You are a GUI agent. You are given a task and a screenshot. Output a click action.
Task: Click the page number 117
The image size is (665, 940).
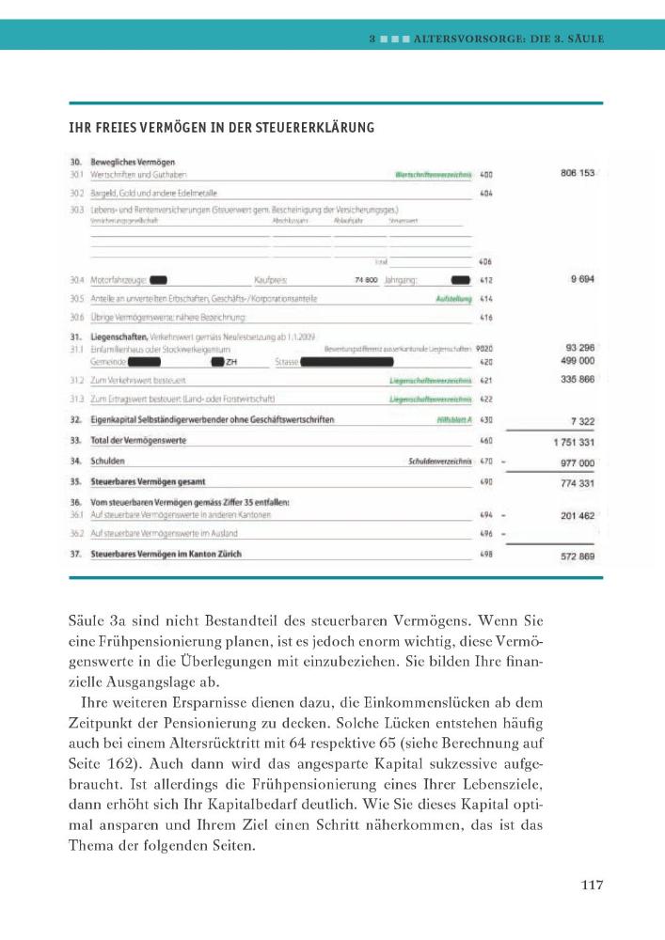point(591,885)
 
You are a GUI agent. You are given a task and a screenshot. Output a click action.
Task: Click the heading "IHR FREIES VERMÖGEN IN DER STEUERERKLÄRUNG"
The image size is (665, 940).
point(222,128)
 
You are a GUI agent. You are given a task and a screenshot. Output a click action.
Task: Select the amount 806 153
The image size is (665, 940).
point(577,173)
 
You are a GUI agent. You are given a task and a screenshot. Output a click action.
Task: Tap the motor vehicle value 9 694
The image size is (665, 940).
point(581,279)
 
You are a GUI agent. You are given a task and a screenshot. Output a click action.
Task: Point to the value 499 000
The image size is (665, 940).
point(577,360)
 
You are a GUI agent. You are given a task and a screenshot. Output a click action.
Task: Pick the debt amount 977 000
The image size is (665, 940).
point(577,462)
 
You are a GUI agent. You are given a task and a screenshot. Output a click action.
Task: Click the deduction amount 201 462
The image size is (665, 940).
point(577,515)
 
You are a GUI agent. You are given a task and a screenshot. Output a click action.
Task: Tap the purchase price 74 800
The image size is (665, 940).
point(366,280)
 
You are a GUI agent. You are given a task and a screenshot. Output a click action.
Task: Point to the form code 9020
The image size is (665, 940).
point(484,349)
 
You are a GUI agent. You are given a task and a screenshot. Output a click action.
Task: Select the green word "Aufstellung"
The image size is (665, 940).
point(451,298)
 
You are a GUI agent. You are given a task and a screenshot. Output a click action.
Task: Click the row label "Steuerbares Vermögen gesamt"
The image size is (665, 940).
point(141,481)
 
